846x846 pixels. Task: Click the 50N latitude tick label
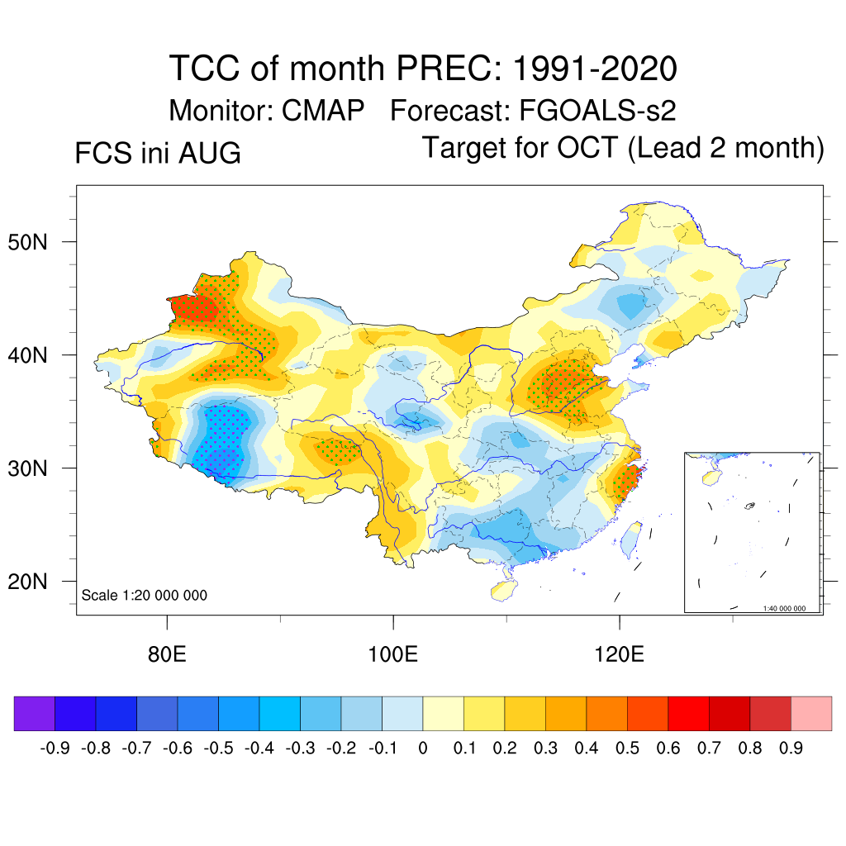(27, 242)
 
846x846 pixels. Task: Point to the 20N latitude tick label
(27, 582)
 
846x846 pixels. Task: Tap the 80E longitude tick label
(167, 654)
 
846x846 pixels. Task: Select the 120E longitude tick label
(620, 654)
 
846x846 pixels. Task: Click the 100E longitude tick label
(392, 654)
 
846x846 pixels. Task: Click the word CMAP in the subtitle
(323, 111)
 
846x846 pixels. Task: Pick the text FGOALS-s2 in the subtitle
(597, 111)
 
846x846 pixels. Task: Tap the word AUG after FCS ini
(209, 153)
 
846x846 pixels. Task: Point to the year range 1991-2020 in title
(595, 69)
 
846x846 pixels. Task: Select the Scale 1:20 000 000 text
(144, 595)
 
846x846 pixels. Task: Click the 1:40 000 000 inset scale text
(784, 609)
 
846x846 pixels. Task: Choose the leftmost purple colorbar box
(35, 713)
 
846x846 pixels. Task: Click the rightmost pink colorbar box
(811, 713)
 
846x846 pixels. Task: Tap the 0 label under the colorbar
(423, 749)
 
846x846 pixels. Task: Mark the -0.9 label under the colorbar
(55, 749)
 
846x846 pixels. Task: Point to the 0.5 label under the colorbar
(628, 749)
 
